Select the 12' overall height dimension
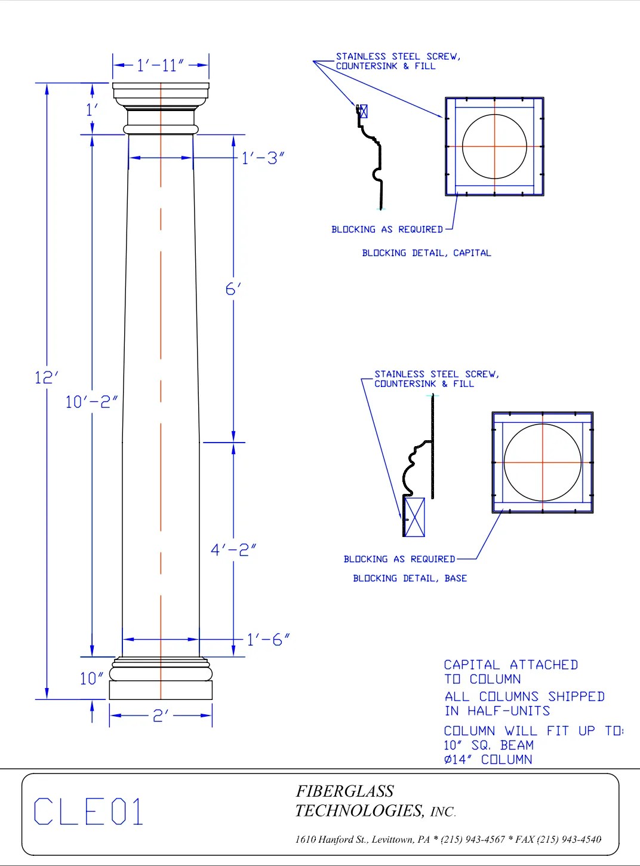click(x=47, y=378)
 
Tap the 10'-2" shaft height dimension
click(x=90, y=402)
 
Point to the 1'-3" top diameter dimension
click(x=262, y=158)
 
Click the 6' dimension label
click(x=233, y=290)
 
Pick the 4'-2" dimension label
click(x=233, y=550)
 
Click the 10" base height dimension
click(x=91, y=679)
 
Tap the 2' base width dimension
click(x=160, y=716)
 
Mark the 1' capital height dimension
click(x=92, y=110)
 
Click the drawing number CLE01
click(x=89, y=812)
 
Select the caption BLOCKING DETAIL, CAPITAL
click(x=426, y=253)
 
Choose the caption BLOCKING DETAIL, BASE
click(x=410, y=578)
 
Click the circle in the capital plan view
click(x=494, y=146)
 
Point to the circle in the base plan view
click(x=542, y=462)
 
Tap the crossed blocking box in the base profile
click(x=415, y=517)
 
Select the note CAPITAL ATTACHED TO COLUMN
click(x=510, y=672)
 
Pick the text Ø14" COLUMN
click(x=487, y=760)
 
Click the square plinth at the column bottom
click(x=161, y=690)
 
